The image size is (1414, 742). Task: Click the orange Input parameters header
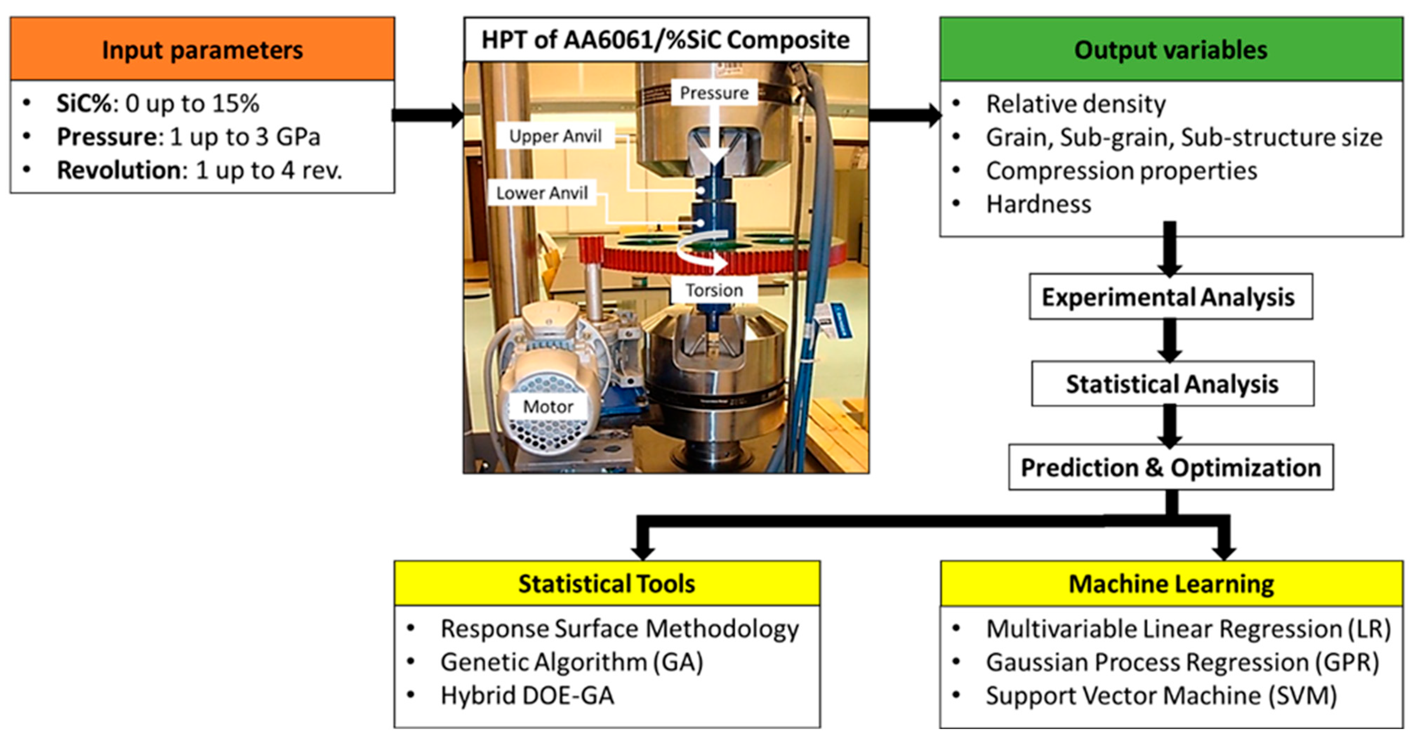pyautogui.click(x=202, y=49)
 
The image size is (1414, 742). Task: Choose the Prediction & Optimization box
pyautogui.click(x=1171, y=467)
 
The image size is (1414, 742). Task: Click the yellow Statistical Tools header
pyautogui.click(x=607, y=583)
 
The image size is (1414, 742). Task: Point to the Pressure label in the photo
pyautogui.click(x=714, y=93)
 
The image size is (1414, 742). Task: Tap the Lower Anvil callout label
pyautogui.click(x=542, y=193)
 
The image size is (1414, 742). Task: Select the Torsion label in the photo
pyautogui.click(x=714, y=289)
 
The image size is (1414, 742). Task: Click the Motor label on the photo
pyautogui.click(x=548, y=406)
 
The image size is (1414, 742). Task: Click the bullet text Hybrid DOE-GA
pyautogui.click(x=527, y=695)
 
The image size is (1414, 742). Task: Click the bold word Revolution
pyautogui.click(x=119, y=170)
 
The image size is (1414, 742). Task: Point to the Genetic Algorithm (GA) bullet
pyautogui.click(x=572, y=662)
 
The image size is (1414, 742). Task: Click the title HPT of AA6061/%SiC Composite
pyautogui.click(x=666, y=40)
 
